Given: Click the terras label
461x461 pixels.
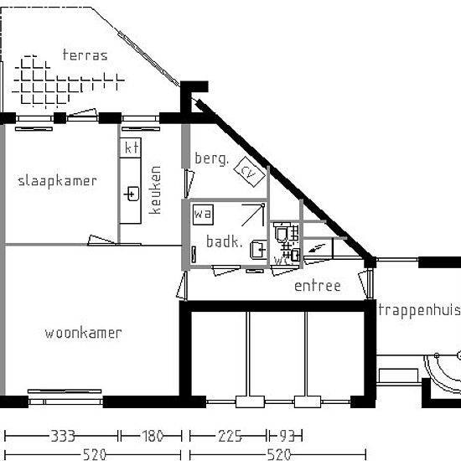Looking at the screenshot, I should (x=85, y=55).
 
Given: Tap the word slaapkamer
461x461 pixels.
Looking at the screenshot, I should (x=57, y=180).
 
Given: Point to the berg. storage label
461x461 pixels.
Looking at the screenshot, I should (x=211, y=158).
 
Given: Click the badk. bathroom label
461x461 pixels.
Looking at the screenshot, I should (x=224, y=242).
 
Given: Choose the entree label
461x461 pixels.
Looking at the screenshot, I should (x=317, y=286).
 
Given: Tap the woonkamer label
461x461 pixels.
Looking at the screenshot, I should (x=83, y=333).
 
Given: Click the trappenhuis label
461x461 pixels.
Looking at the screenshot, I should (x=418, y=310).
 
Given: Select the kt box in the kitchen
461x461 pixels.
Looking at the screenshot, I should (x=130, y=148).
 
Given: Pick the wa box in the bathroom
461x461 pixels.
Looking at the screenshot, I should (x=202, y=215).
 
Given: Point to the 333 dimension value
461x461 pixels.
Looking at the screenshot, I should (x=63, y=436).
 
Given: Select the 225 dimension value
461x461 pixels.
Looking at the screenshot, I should (x=229, y=436).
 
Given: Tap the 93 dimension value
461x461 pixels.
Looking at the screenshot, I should (x=285, y=436).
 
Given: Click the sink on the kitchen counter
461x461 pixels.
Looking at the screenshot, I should (x=131, y=194).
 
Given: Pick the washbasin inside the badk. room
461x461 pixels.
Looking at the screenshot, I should (x=258, y=247).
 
